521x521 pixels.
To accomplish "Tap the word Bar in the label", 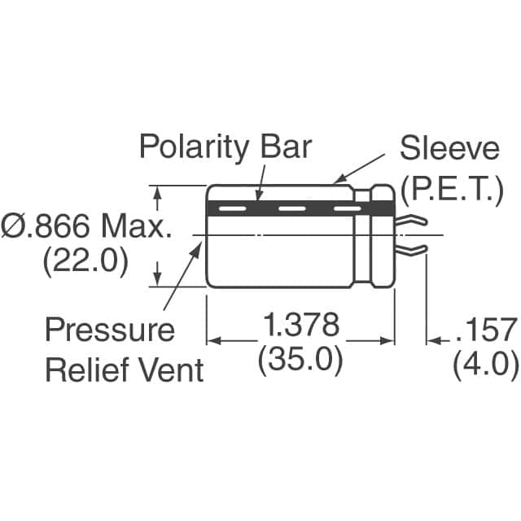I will click(x=283, y=147).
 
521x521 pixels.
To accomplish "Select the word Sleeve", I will click(x=449, y=149).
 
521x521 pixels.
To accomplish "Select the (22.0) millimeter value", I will click(x=85, y=263).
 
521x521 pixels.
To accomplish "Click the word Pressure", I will click(x=108, y=331).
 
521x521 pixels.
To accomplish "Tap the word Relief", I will click(x=86, y=370).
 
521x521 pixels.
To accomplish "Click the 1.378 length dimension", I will click(x=300, y=327).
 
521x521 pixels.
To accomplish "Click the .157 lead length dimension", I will click(x=487, y=331).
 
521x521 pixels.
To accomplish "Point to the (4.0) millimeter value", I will click(x=485, y=364).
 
